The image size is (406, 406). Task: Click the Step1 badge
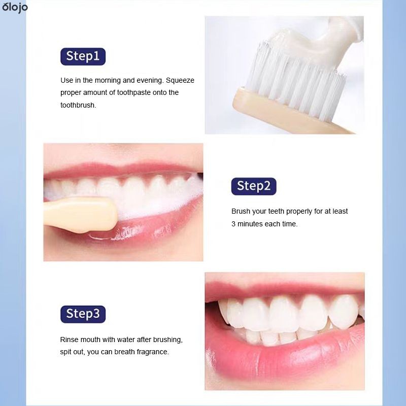click(83, 56)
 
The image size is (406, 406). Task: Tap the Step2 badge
click(254, 186)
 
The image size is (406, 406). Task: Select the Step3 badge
click(83, 314)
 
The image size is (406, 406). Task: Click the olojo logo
click(15, 7)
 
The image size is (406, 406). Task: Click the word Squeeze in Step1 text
click(180, 80)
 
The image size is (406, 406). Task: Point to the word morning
click(108, 80)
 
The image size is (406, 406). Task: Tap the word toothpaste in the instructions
click(134, 93)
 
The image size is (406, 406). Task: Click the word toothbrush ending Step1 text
click(78, 105)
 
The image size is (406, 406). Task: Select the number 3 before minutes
click(233, 224)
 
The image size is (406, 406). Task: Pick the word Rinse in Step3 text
click(69, 340)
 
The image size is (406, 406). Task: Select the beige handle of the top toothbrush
click(280, 114)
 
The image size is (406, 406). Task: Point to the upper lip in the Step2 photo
click(122, 168)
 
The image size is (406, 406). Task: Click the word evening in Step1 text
click(150, 80)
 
